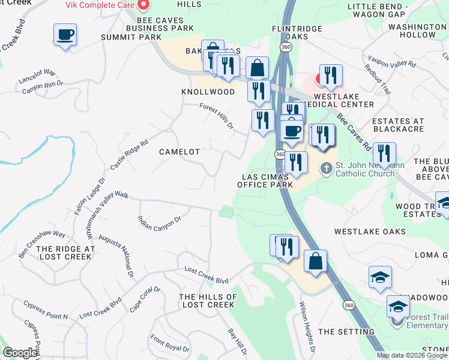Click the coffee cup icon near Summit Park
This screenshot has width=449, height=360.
pos(65,34)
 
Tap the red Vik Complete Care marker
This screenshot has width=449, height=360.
pos(143,6)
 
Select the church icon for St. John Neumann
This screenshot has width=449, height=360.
pos(326,168)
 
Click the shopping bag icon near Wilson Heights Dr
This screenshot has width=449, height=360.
pos(315,261)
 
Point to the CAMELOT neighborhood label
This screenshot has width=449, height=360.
pos(179,152)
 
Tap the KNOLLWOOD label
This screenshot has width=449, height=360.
pos(208,92)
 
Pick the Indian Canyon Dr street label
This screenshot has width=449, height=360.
pos(159,223)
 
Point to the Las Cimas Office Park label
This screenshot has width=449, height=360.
pos(265,181)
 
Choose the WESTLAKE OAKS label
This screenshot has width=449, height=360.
pos(370,232)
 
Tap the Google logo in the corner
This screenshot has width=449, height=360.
pos(20,353)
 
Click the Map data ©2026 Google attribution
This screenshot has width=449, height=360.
pos(411,355)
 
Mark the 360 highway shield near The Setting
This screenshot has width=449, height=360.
pos(349,305)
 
